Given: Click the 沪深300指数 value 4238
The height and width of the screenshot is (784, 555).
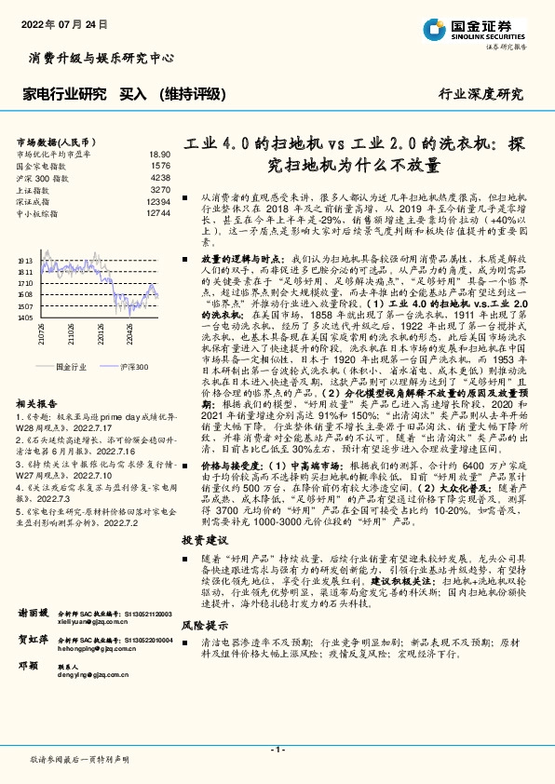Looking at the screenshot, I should tap(160, 177).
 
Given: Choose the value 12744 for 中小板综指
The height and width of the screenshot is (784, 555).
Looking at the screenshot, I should tap(158, 213).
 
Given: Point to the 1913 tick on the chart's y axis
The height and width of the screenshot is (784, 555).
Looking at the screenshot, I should tap(25, 261).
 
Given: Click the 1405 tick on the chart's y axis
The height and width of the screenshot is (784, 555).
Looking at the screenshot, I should tap(25, 317).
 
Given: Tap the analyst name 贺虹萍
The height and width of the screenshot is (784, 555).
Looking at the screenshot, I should tap(34, 641).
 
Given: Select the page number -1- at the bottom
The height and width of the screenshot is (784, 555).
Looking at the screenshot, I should tap(277, 750).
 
